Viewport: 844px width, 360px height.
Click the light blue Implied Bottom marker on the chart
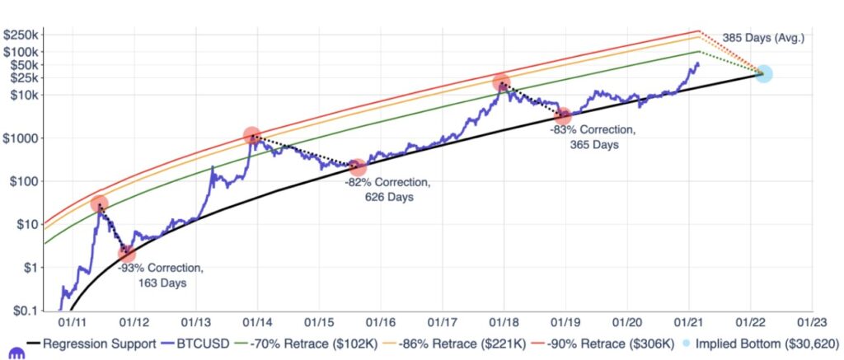click(x=763, y=74)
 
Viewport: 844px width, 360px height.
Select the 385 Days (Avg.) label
click(x=763, y=38)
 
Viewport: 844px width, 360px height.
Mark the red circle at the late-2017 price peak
click(x=502, y=82)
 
